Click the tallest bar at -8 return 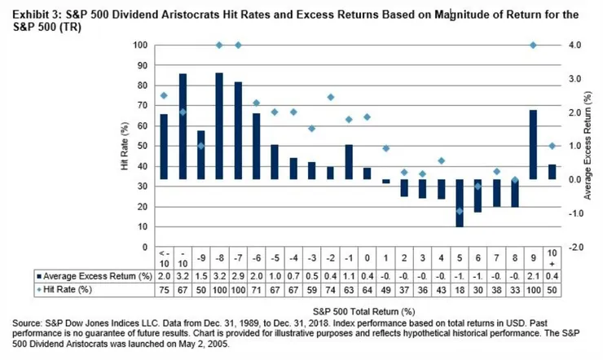click(219, 126)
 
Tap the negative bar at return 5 click(460, 203)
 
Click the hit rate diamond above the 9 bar click(532, 46)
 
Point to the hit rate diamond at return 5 click(460, 211)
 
